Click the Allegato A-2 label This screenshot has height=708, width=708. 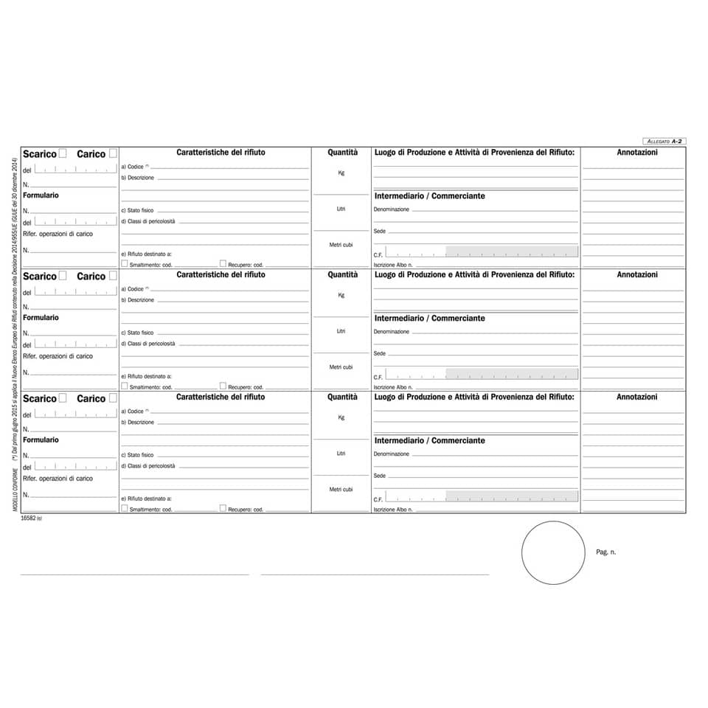pyautogui.click(x=664, y=141)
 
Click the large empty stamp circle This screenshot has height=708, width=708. pyautogui.click(x=553, y=552)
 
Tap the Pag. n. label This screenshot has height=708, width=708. pyautogui.click(x=605, y=552)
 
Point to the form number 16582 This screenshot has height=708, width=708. pyautogui.click(x=29, y=519)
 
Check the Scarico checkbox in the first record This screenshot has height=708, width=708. pyautogui.click(x=63, y=153)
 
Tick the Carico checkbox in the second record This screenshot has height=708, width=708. pyautogui.click(x=113, y=276)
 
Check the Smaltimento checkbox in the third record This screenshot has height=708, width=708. pyautogui.click(x=125, y=508)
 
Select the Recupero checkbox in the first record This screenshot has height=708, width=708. pyautogui.click(x=223, y=263)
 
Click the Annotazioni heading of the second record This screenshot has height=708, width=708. pyautogui.click(x=636, y=275)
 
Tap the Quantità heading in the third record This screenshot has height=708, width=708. pyautogui.click(x=342, y=397)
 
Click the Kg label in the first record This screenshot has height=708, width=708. pyautogui.click(x=341, y=173)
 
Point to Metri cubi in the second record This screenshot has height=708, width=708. pyautogui.click(x=341, y=367)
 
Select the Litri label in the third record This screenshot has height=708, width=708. pyautogui.click(x=341, y=454)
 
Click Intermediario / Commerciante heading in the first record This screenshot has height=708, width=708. pyautogui.click(x=430, y=196)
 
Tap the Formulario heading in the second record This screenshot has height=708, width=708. pyautogui.click(x=41, y=318)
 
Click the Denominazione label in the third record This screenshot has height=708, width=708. pyautogui.click(x=391, y=454)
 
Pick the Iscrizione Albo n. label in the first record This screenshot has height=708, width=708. pyautogui.click(x=393, y=265)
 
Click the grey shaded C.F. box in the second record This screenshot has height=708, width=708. pyautogui.click(x=512, y=374)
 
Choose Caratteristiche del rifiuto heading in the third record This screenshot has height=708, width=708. pyautogui.click(x=221, y=397)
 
